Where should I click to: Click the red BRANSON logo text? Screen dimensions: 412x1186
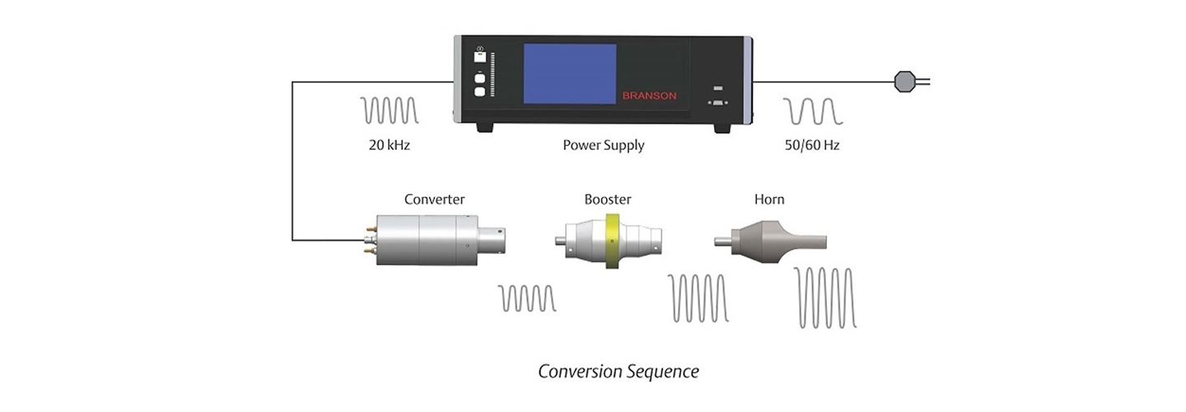650,96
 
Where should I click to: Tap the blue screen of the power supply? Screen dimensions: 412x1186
570,75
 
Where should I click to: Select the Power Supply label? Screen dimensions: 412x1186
603,146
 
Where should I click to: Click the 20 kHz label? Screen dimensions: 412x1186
390,146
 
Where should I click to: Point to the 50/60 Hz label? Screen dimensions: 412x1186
812,146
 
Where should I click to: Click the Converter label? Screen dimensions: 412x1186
434,199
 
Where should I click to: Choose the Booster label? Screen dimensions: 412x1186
607,199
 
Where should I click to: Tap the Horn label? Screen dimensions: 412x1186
769,199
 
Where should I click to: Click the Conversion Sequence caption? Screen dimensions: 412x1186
618,372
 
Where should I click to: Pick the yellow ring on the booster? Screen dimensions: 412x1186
612,241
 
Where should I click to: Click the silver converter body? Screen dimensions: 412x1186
424,240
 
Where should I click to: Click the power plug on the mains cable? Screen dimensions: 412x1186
904,81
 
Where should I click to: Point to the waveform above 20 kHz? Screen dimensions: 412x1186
390,110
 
